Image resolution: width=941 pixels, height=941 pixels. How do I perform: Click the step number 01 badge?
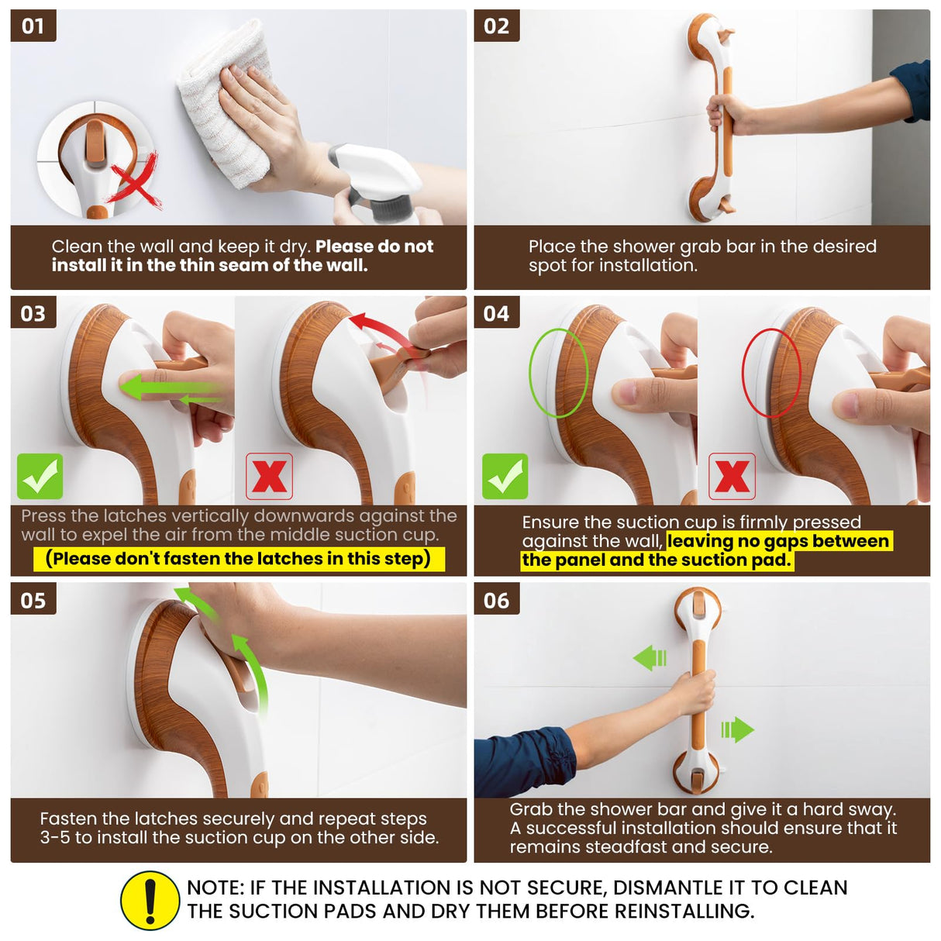click(33, 26)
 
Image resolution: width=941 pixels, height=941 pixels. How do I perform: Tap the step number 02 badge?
click(496, 26)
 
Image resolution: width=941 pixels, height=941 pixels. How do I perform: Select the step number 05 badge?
click(33, 600)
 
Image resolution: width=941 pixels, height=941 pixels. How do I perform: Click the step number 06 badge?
click(496, 600)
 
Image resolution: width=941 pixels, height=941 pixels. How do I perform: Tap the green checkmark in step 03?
click(40, 476)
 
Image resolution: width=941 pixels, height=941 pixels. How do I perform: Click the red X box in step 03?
click(269, 476)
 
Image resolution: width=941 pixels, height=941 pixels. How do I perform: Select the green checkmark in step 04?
click(505, 476)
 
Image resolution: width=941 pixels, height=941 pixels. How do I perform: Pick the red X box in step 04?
click(732, 476)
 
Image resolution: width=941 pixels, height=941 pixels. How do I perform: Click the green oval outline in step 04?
click(557, 373)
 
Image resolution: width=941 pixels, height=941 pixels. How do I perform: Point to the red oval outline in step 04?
click(770, 373)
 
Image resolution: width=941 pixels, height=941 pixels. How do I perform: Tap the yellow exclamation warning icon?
click(150, 900)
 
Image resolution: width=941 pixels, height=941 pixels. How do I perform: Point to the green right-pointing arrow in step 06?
click(737, 729)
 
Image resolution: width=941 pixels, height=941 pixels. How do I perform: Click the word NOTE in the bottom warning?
click(213, 888)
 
